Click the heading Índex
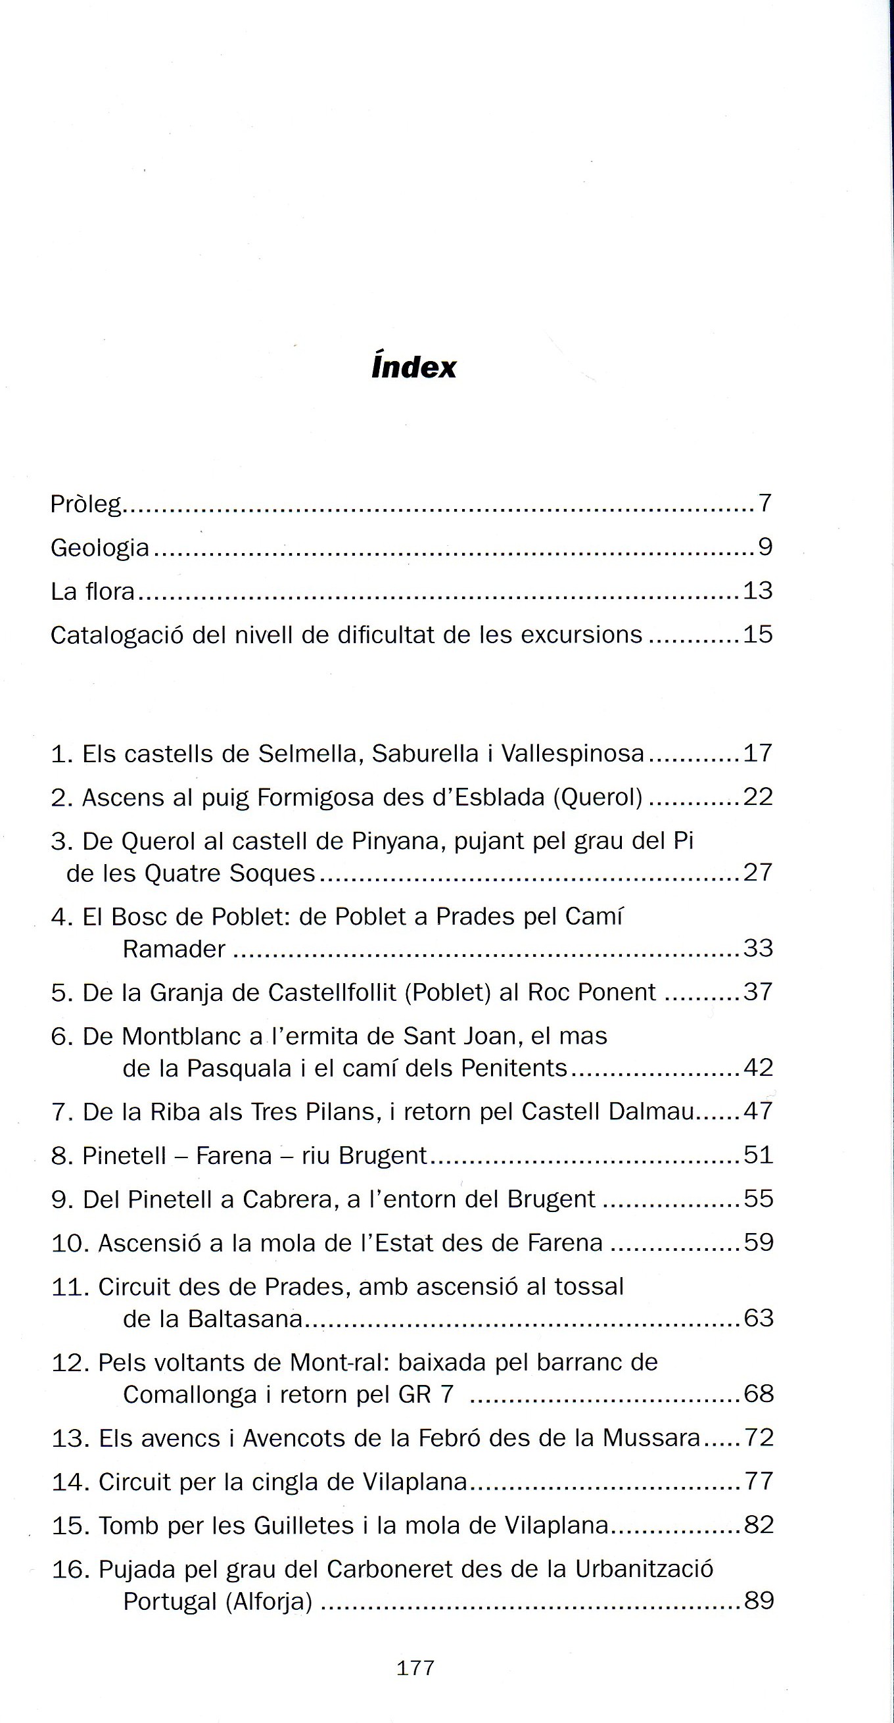[414, 366]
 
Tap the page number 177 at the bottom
[415, 1668]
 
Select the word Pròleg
[86, 504]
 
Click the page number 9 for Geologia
[765, 547]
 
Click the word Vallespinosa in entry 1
[573, 754]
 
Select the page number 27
[757, 872]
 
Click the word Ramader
[174, 948]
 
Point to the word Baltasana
[245, 1319]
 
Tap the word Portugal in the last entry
[170, 1601]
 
